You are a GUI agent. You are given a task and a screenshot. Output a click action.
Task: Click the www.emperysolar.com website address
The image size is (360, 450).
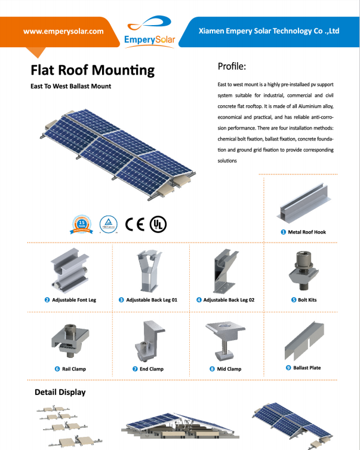(63, 31)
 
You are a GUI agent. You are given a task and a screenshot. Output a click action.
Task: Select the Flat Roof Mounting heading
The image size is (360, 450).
(93, 70)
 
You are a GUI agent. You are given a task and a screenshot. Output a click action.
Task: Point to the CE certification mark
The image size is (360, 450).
(135, 224)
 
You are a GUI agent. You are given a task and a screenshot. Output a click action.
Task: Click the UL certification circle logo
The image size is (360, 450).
(158, 224)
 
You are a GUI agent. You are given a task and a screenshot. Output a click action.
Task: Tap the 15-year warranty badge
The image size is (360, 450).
(83, 224)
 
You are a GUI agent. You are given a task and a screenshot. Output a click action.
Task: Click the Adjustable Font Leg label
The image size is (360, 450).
(74, 299)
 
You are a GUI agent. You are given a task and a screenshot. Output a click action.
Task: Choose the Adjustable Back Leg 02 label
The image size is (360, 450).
(229, 299)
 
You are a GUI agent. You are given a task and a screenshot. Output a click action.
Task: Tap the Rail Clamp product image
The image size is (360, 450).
(70, 341)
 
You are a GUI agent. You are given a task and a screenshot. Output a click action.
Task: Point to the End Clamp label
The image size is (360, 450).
(152, 369)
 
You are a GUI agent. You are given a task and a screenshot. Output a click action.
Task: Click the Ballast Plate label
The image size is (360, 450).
(307, 368)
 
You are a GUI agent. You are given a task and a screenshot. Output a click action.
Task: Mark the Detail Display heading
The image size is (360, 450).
(60, 392)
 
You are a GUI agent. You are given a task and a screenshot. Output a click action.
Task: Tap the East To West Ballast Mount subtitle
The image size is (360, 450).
(70, 86)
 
